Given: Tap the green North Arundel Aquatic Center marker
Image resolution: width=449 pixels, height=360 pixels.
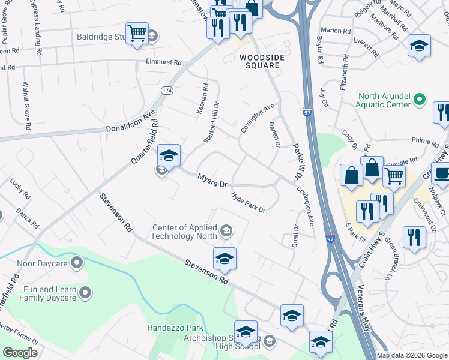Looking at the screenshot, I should click(x=420, y=100).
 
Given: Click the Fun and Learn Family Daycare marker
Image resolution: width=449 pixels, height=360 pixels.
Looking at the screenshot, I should click(x=85, y=293).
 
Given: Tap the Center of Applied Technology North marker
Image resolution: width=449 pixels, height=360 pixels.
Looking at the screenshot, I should click(x=226, y=231).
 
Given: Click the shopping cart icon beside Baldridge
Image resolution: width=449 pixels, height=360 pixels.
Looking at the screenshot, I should click(x=137, y=33).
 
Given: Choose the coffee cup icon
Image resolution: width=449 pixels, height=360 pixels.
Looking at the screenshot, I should click(x=442, y=173).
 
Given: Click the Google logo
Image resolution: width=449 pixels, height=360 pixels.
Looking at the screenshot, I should click(x=20, y=352).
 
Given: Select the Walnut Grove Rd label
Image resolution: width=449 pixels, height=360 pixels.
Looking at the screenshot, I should click(x=26, y=106).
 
